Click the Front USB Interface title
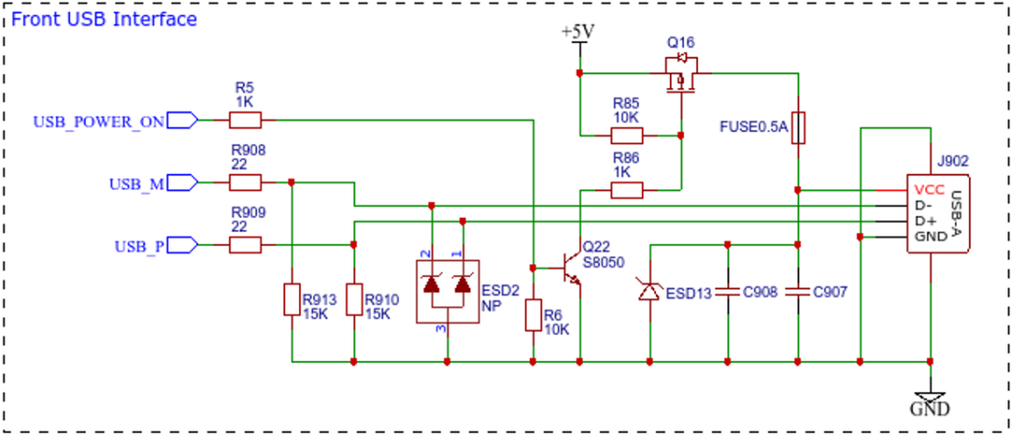click(104, 20)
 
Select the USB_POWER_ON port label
click(98, 121)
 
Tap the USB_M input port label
click(137, 184)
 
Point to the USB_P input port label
click(140, 246)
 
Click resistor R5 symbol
click(246, 120)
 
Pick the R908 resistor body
click(246, 183)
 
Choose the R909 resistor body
click(246, 246)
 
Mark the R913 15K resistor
click(291, 299)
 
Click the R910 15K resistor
click(353, 299)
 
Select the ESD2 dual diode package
click(447, 291)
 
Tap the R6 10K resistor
click(532, 315)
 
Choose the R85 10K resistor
click(627, 136)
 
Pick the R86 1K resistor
click(627, 189)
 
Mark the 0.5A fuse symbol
click(798, 127)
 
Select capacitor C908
click(727, 292)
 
